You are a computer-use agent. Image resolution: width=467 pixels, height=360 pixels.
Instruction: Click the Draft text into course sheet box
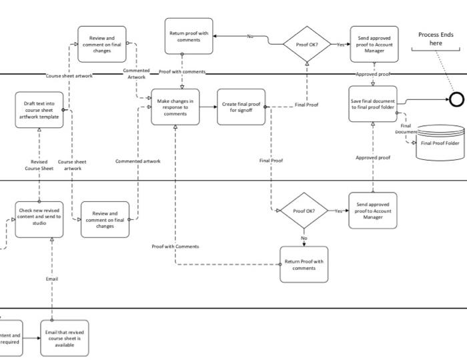[39, 110]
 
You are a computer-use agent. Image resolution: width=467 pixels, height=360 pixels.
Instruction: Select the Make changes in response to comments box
[175, 107]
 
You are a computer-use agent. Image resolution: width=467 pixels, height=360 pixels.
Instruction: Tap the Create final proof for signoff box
[241, 107]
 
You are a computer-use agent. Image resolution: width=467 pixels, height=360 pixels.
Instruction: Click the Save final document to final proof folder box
[373, 105]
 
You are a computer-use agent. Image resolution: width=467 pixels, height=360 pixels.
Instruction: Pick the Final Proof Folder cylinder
[439, 143]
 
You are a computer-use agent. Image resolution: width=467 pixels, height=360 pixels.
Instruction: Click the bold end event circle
[456, 99]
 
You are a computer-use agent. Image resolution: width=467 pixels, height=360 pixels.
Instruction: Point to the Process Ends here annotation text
[436, 39]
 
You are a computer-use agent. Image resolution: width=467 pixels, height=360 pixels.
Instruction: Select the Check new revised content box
[39, 217]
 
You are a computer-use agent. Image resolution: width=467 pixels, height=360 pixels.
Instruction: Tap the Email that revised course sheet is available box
[64, 338]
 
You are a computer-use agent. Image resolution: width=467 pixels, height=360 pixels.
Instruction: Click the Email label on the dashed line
[51, 279]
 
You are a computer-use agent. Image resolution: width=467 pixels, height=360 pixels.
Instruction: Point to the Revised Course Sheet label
[39, 165]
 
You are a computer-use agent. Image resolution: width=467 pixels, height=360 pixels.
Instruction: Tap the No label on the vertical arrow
[304, 238]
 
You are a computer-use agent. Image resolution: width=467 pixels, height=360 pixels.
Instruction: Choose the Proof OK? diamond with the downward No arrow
[304, 211]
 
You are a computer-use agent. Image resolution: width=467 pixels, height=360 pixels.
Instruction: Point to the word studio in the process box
[39, 223]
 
